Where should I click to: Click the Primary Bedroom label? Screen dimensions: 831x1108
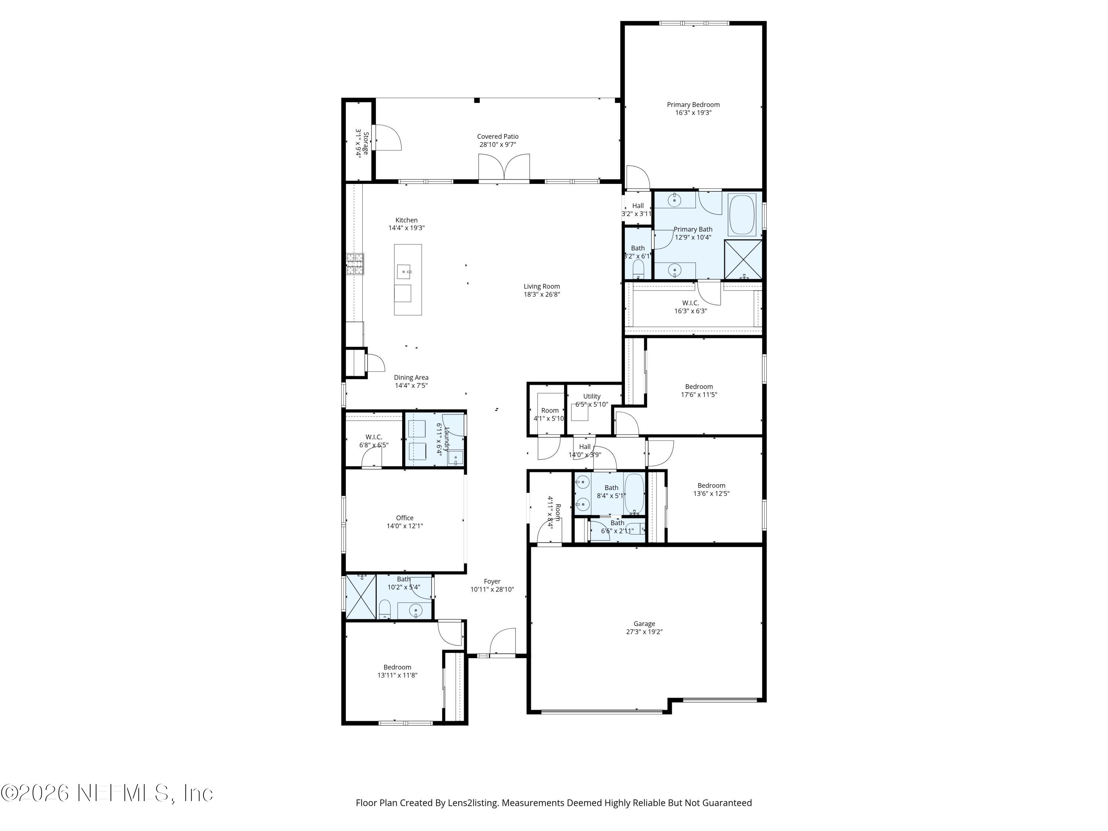click(693, 105)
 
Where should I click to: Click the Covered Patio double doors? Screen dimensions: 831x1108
click(504, 168)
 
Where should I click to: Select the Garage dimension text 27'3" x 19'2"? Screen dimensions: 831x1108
click(644, 632)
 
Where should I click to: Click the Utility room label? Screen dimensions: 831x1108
click(592, 396)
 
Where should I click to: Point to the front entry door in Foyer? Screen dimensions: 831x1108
click(502, 643)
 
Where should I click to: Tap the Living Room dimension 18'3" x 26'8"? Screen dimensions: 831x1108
click(541, 294)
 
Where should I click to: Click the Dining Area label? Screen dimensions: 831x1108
click(411, 378)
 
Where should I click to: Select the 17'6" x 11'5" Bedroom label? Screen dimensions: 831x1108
click(699, 387)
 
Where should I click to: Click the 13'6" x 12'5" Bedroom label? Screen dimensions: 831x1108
click(711, 485)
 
